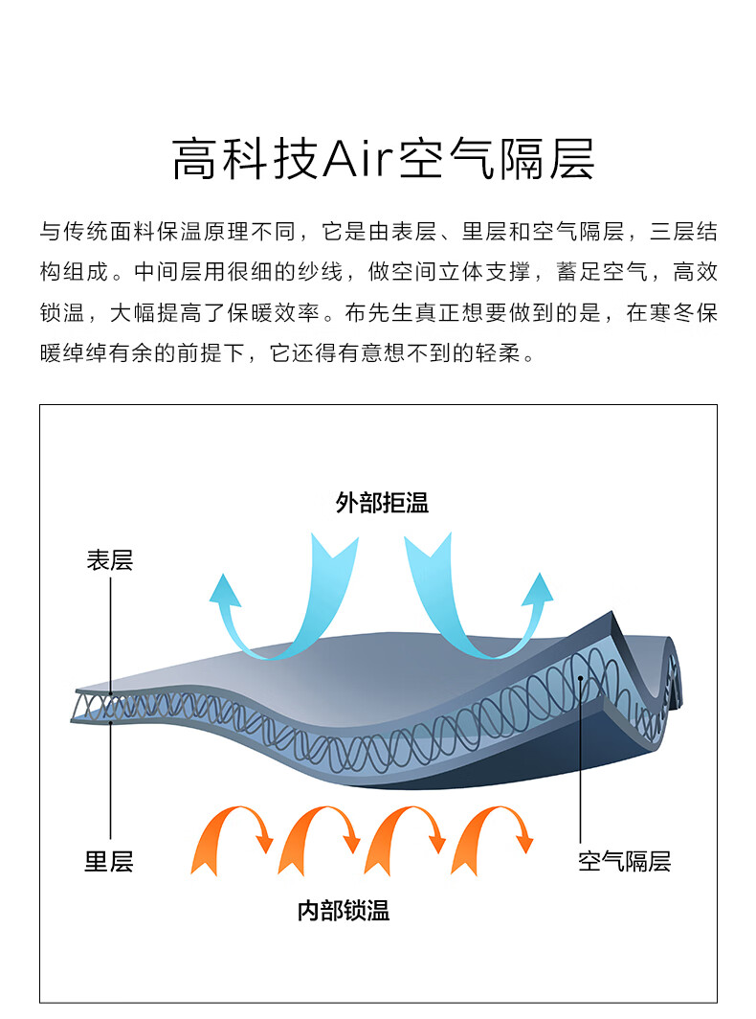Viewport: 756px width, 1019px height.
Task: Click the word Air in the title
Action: coord(358,159)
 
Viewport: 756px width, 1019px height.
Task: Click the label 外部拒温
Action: coord(382,503)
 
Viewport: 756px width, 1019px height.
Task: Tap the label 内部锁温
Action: coord(343,911)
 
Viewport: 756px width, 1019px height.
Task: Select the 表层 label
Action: coord(110,560)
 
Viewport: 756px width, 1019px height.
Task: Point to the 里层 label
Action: coord(109,862)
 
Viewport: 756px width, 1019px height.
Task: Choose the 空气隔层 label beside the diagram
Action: coord(624,861)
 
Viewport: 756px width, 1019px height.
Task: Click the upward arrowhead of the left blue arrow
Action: coord(225,590)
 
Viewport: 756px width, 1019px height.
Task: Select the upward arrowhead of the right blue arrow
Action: coord(539,589)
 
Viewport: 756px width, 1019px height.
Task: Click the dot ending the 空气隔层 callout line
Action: coord(581,678)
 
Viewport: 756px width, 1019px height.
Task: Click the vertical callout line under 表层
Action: coord(110,636)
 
